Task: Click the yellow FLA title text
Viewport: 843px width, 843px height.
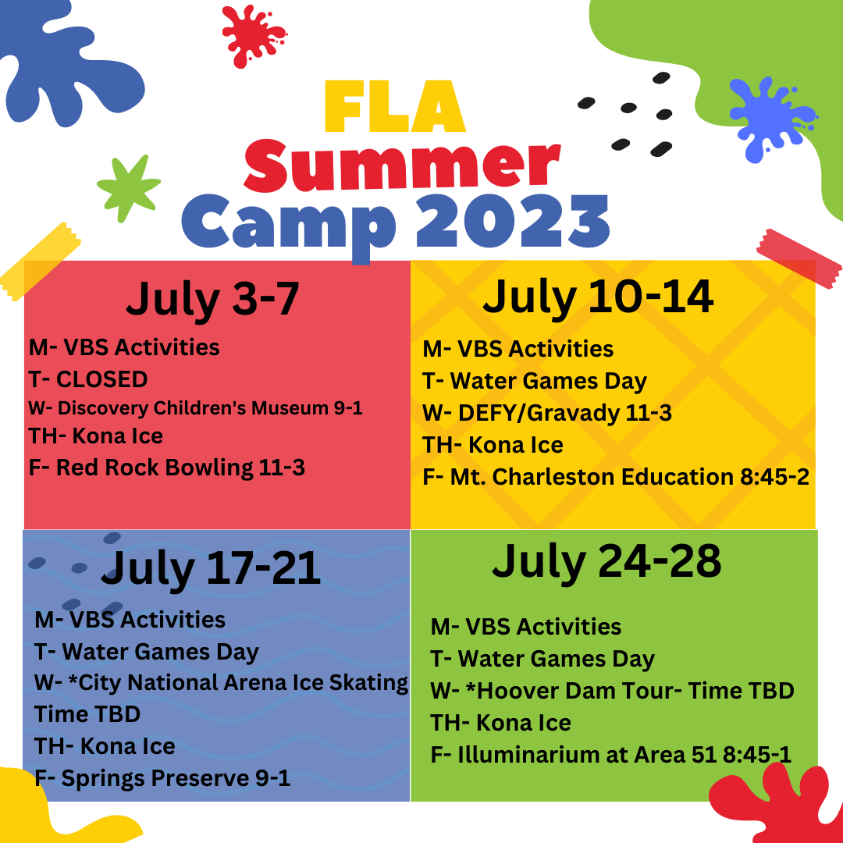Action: pyautogui.click(x=395, y=106)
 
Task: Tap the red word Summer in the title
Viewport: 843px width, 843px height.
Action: pyautogui.click(x=402, y=165)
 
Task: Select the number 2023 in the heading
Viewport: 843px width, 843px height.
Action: pyautogui.click(x=512, y=221)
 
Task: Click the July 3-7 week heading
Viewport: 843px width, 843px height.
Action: pyautogui.click(x=212, y=299)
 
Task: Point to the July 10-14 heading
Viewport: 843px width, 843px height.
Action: pyautogui.click(x=598, y=297)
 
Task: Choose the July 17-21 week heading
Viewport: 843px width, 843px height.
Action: pyautogui.click(x=211, y=569)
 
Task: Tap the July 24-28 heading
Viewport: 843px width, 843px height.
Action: pyautogui.click(x=606, y=562)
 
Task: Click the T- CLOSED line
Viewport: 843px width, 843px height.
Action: pyautogui.click(x=88, y=379)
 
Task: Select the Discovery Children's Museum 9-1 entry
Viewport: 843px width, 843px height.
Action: pyautogui.click(x=196, y=408)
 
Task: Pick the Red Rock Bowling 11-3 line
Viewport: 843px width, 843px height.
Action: pyautogui.click(x=167, y=468)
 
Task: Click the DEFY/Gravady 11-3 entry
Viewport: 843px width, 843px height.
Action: pyautogui.click(x=547, y=414)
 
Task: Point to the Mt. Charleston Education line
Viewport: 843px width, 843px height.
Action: pyautogui.click(x=616, y=477)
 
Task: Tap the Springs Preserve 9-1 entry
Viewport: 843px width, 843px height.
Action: pyautogui.click(x=162, y=778)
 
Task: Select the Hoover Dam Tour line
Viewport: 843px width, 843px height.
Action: pyautogui.click(x=613, y=691)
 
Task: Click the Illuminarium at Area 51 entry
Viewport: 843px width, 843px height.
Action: pyautogui.click(x=610, y=755)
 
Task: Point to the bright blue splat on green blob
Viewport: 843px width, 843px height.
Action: pyautogui.click(x=771, y=119)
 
